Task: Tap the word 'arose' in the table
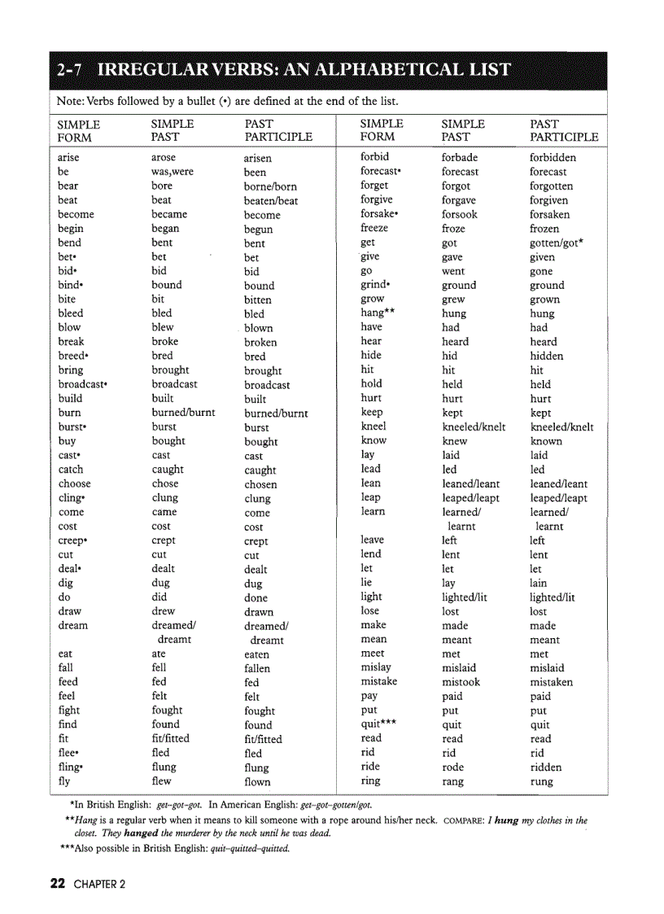point(164,157)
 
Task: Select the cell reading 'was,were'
point(173,172)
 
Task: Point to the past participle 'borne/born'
point(270,186)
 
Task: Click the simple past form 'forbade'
point(460,157)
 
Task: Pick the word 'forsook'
point(460,214)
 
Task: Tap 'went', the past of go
point(453,271)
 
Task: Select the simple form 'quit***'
point(378,724)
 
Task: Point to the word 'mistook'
point(461,682)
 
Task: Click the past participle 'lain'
point(539,583)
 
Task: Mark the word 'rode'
point(453,767)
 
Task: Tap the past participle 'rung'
point(541,781)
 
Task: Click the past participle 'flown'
point(257,782)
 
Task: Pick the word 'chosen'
point(260,484)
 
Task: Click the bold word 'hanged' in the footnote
point(141,833)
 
